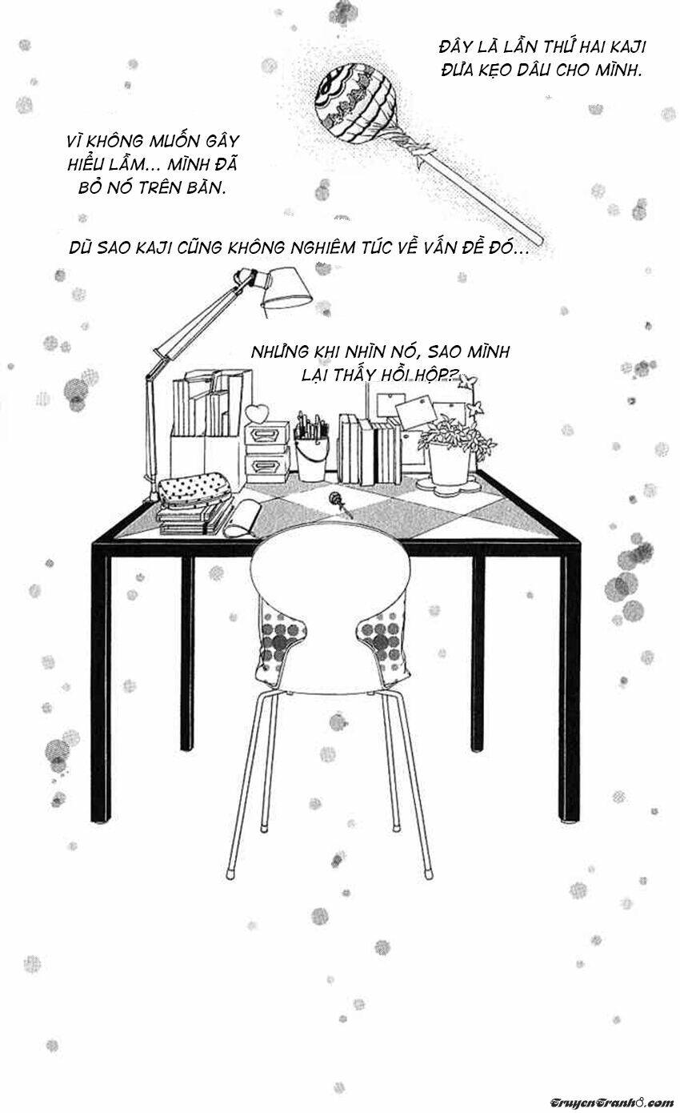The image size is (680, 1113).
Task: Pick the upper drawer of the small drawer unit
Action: click(x=267, y=436)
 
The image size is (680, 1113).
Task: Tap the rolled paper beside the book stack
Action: click(x=241, y=519)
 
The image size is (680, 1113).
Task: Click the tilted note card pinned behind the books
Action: click(x=414, y=416)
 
